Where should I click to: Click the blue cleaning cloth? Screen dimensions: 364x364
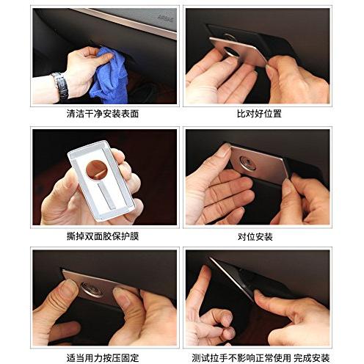(110, 76)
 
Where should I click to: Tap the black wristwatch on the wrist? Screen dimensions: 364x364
(61, 86)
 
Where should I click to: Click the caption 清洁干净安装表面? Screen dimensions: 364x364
(103, 114)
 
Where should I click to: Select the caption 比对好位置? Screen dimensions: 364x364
(259, 114)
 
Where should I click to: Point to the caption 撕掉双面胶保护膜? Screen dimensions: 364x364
(103, 236)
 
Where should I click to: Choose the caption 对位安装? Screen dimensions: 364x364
(255, 236)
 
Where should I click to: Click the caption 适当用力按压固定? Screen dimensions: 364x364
(103, 358)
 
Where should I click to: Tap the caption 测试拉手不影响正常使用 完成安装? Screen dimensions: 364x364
(261, 358)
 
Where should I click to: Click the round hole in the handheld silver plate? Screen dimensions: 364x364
(96, 170)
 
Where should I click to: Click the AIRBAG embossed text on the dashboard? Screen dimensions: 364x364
(166, 18)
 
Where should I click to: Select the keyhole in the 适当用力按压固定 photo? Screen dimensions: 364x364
(92, 289)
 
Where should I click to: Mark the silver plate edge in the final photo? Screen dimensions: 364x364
(232, 279)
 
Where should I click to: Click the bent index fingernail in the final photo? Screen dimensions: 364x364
(228, 318)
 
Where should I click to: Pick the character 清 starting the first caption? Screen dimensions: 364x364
(71, 114)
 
